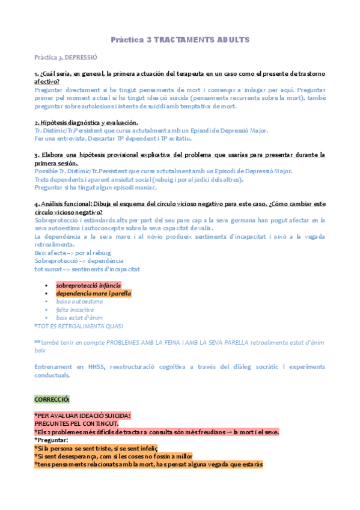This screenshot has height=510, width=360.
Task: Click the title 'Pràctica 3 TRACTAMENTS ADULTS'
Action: (180, 40)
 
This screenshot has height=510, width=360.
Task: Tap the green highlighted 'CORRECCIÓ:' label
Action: (52, 399)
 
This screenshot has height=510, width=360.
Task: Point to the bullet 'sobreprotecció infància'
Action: (88, 284)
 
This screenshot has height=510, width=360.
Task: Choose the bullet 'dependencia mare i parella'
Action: (93, 293)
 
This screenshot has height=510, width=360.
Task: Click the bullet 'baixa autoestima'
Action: (79, 301)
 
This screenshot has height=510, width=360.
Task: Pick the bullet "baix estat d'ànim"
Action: (81, 318)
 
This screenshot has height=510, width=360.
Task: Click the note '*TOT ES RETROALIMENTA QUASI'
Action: (79, 326)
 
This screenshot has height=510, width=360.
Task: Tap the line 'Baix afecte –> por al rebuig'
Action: (73, 253)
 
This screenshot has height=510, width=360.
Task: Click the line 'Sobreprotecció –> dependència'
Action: (79, 261)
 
